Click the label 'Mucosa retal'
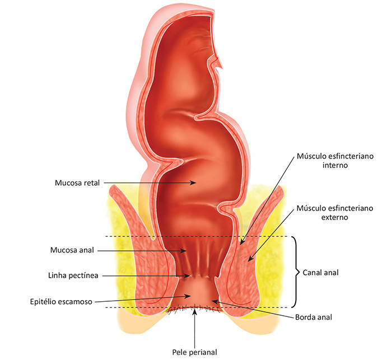pos(77,183)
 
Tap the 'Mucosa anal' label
pos(72,250)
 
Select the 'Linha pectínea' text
pos(73,276)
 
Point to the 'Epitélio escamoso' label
pos(61,302)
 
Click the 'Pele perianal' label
pos(194,353)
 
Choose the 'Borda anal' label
pos(314,317)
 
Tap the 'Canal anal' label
pos(320,273)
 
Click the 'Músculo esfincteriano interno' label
pos(335,161)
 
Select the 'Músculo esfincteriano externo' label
pos(335,213)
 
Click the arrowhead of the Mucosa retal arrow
pos(194,183)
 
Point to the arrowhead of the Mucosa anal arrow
pos(184,250)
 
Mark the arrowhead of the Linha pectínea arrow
pos(188,276)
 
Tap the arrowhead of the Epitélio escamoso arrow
pos(188,296)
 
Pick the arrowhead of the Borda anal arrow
pos(215,302)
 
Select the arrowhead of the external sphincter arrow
pos(250,259)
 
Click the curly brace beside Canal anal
pos(296,272)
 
